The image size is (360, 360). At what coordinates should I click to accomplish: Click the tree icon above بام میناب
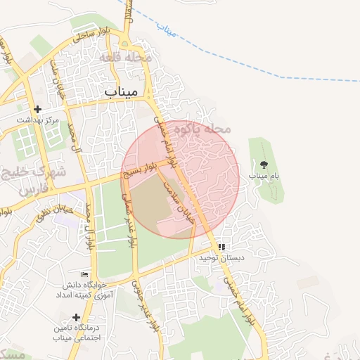pyautogui.click(x=264, y=163)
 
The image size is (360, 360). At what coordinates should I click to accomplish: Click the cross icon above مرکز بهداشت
pyautogui.click(x=38, y=109)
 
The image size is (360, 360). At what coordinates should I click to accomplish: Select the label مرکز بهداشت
pyautogui.click(x=38, y=120)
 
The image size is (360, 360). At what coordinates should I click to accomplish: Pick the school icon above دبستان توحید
pyautogui.click(x=222, y=247)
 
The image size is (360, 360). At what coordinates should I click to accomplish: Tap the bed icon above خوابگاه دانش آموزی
pyautogui.click(x=85, y=274)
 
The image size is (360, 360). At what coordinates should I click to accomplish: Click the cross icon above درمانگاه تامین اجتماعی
pyautogui.click(x=76, y=317)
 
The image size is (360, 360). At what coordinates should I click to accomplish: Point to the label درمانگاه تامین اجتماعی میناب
pyautogui.click(x=76, y=333)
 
